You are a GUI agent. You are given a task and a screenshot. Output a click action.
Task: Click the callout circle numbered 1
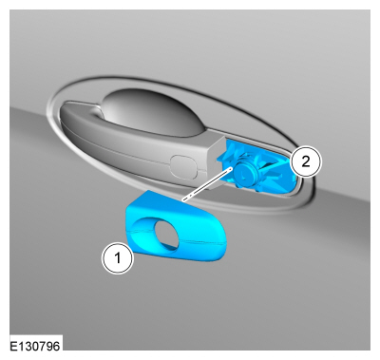pos(118,257)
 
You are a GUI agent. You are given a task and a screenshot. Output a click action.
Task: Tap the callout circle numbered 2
pos(306,161)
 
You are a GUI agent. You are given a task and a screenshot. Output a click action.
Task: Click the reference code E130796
pos(34,346)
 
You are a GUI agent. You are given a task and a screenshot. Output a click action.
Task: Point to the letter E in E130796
pos(13,346)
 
